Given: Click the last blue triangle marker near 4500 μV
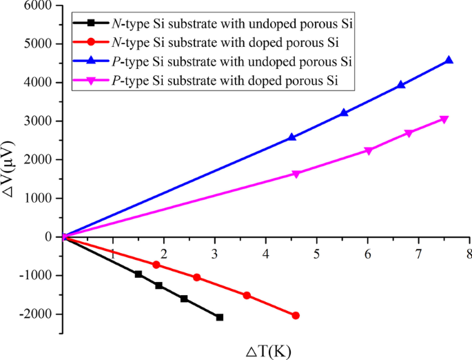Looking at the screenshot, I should [x=449, y=61].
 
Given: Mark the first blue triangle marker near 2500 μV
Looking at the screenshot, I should [x=292, y=137].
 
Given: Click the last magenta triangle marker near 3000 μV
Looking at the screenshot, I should [x=444, y=119].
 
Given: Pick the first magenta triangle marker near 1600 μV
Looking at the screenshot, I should [x=296, y=174].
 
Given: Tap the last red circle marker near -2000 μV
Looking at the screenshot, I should [x=296, y=315].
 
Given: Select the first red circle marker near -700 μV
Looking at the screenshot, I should [x=156, y=265].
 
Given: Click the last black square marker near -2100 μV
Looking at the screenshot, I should [x=220, y=317].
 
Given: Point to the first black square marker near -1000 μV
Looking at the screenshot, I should [x=138, y=274].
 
